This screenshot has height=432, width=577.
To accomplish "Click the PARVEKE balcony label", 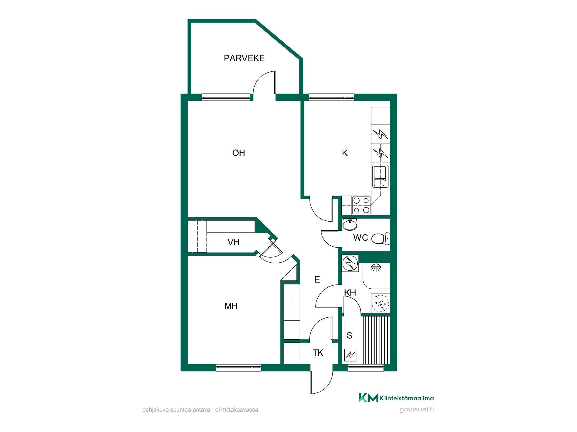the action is [x=244, y=58].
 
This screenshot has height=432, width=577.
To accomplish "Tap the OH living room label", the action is [x=239, y=153].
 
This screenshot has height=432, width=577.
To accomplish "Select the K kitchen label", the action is [x=345, y=153].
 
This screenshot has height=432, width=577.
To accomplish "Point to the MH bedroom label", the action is [x=231, y=306].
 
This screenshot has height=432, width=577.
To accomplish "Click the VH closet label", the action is [x=234, y=242].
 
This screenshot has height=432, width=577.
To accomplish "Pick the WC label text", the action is [x=361, y=238].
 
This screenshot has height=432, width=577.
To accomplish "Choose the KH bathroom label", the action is [x=350, y=292].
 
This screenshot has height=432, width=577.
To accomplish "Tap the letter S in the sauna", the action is [x=349, y=335].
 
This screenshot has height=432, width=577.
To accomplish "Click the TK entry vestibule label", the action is [x=318, y=353].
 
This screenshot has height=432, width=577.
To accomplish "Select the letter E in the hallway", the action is [x=317, y=280].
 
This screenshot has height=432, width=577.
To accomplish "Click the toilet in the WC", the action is [x=380, y=238].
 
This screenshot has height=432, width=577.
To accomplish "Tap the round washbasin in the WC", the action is [x=350, y=224].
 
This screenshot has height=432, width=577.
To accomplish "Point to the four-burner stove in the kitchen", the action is [x=361, y=205].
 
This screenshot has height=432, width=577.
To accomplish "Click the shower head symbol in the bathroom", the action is [x=375, y=267].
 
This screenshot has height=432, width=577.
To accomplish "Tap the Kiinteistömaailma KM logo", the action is [x=396, y=398].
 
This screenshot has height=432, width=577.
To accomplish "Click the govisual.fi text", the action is [x=417, y=409].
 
